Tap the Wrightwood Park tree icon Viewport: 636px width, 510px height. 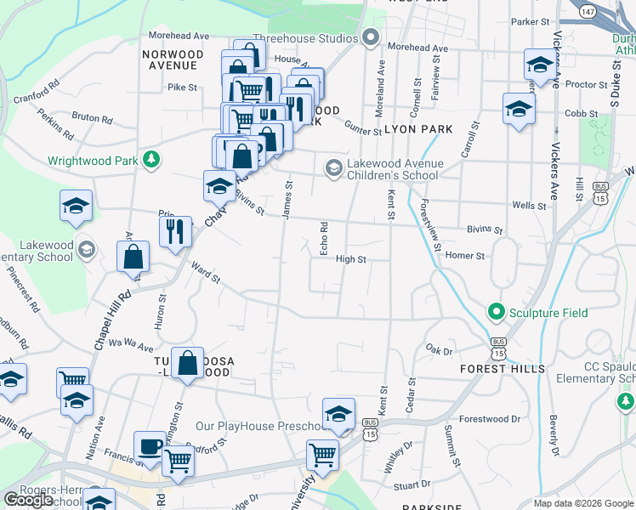point(151,159)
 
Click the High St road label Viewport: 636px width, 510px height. point(350,259)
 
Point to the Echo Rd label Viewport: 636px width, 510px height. point(324,239)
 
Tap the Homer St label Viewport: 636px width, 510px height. point(464,255)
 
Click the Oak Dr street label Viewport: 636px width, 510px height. point(440,349)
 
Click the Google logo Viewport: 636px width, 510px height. point(29,500)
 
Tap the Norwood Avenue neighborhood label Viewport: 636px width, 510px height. point(173,60)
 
